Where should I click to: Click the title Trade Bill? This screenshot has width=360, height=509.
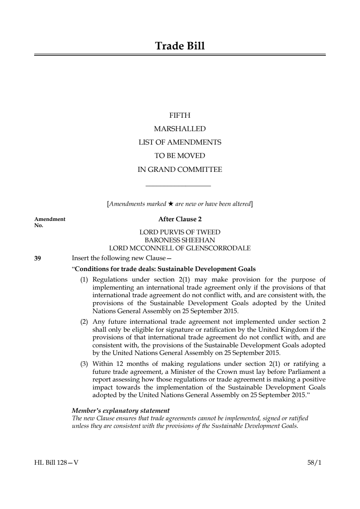pyautogui.click(x=180, y=46)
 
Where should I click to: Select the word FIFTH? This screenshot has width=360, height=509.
pyautogui.click(x=180, y=116)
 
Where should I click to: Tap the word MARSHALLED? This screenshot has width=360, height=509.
pyautogui.click(x=180, y=129)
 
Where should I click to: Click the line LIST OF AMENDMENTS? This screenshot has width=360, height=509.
pyautogui.click(x=180, y=142)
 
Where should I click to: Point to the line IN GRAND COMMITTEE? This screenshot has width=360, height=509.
pyautogui.click(x=180, y=170)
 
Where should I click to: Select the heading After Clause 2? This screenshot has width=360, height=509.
pyautogui.click(x=180, y=219)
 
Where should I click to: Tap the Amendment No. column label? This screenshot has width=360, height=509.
pyautogui.click(x=49, y=222)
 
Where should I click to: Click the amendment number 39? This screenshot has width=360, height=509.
pyautogui.click(x=37, y=258)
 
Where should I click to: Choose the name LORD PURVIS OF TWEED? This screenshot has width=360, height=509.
pyautogui.click(x=180, y=232)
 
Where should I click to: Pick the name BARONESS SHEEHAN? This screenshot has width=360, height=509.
pyautogui.click(x=180, y=240)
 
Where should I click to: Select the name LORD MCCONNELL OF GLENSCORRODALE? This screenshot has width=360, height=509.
pyautogui.click(x=180, y=249)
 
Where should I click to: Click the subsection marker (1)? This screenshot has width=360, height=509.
pyautogui.click(x=84, y=280)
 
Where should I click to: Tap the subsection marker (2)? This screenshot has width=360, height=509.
pyautogui.click(x=84, y=322)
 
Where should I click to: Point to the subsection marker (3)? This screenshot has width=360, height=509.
pyautogui.click(x=84, y=364)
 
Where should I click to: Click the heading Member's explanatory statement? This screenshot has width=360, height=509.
pyautogui.click(x=121, y=411)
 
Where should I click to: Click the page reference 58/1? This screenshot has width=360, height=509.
pyautogui.click(x=314, y=463)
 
